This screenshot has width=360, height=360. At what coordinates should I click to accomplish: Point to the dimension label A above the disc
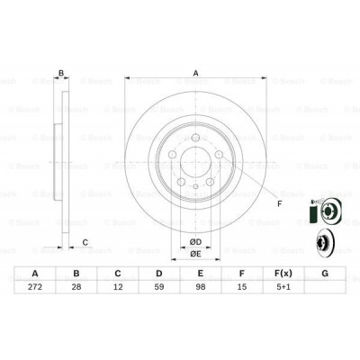click(194, 74)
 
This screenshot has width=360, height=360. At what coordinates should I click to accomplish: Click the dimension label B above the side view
click(61, 74)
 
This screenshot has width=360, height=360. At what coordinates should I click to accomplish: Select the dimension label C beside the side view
click(85, 241)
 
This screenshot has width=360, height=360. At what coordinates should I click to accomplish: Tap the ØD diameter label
click(194, 240)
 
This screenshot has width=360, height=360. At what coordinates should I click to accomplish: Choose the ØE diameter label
click(194, 254)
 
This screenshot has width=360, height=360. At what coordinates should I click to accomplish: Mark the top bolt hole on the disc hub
click(195, 138)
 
